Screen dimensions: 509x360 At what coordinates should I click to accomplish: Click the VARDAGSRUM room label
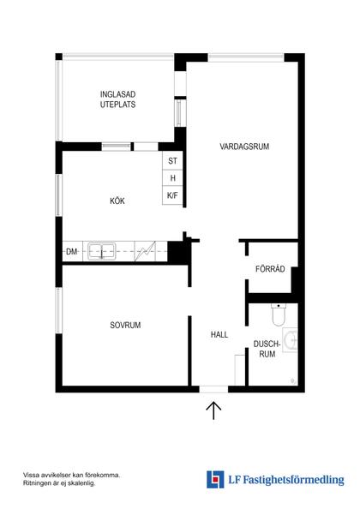(243, 147)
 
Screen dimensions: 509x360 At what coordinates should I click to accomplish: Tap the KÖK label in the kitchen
(117, 201)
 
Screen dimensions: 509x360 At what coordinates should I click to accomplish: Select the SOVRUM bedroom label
(124, 325)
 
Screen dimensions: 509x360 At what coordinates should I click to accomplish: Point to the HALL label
(219, 335)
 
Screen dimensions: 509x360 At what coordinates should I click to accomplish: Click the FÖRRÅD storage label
(269, 269)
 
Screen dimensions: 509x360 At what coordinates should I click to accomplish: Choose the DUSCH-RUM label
(267, 349)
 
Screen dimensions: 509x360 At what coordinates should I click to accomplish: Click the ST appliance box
(172, 161)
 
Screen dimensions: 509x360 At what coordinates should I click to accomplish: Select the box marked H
(172, 178)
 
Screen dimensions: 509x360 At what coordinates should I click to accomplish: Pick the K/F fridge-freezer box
(172, 196)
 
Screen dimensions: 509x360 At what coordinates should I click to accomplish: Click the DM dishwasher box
(71, 252)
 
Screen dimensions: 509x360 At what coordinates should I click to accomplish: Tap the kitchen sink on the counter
(104, 251)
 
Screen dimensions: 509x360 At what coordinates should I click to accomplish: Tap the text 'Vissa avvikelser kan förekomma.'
(71, 474)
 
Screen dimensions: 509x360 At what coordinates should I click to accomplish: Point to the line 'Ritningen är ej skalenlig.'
(59, 483)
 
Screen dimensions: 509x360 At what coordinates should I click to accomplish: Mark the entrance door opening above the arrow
(214, 390)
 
